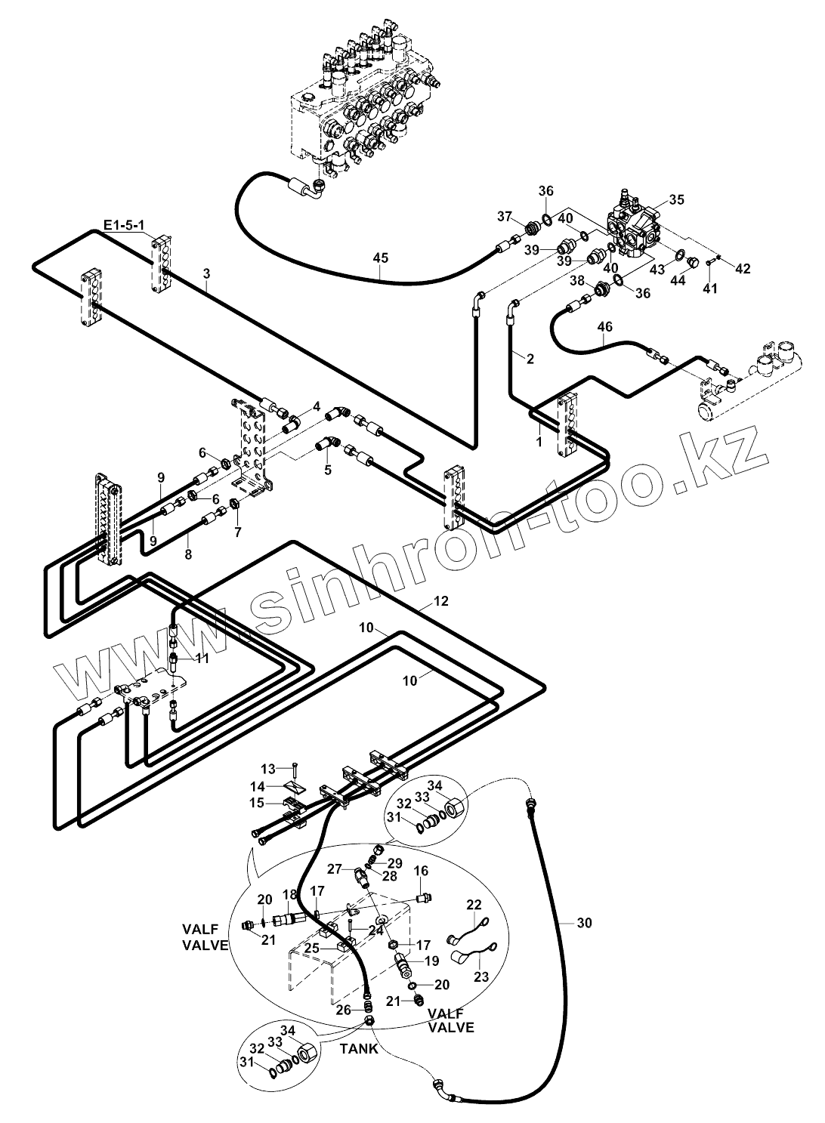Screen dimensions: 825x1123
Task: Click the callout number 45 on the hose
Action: (381, 258)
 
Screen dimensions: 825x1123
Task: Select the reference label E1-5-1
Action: (123, 225)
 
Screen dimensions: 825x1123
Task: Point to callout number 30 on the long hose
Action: (584, 923)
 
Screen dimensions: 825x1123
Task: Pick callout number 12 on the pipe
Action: (441, 600)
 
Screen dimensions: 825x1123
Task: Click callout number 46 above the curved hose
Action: (605, 327)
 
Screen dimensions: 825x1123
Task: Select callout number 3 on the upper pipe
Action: (206, 273)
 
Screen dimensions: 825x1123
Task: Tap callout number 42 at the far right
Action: (743, 269)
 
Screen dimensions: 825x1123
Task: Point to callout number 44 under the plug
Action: (678, 281)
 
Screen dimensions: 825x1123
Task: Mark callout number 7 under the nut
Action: (238, 532)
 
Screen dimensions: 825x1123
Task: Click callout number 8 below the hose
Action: (189, 556)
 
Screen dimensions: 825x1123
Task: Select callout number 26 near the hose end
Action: (344, 1009)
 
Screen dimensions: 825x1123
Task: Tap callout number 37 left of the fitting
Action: (505, 217)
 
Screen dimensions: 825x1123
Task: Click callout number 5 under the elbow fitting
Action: (327, 471)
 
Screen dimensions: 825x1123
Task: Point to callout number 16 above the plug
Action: (422, 871)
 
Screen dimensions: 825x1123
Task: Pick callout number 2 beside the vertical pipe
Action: (530, 359)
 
